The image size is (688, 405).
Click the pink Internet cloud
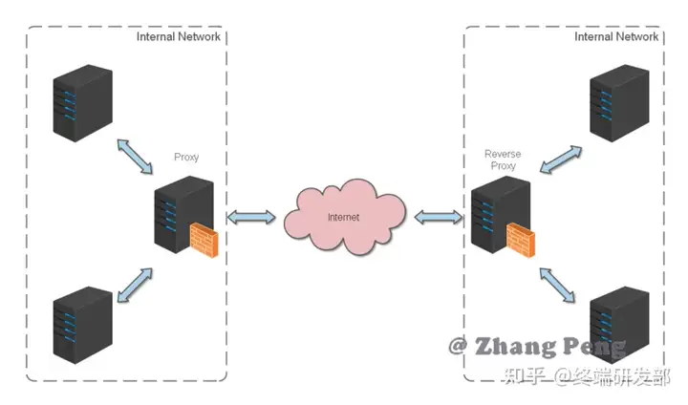[x=344, y=217]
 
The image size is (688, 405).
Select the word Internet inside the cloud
[x=343, y=217]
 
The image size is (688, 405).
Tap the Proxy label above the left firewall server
[x=186, y=157]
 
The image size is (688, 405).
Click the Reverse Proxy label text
[x=503, y=160]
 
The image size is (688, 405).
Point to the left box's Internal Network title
[x=178, y=37]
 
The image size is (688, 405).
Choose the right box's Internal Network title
[x=616, y=37]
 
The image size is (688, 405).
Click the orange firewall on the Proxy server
[x=204, y=240]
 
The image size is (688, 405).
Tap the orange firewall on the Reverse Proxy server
[x=521, y=240]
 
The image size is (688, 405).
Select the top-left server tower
[x=82, y=103]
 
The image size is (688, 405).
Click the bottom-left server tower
[x=82, y=325]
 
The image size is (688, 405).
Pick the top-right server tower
[x=619, y=103]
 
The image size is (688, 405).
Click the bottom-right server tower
[x=619, y=325]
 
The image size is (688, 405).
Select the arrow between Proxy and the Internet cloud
[x=251, y=217]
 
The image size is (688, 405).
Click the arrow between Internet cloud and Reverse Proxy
[x=439, y=217]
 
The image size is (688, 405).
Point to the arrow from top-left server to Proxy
[x=135, y=157]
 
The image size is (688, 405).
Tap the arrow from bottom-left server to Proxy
[x=135, y=286]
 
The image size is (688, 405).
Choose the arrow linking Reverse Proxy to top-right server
[x=561, y=160]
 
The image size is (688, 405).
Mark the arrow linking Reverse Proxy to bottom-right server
[x=557, y=286]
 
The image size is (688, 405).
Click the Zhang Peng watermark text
[x=537, y=347]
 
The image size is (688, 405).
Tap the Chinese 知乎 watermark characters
[x=525, y=376]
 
